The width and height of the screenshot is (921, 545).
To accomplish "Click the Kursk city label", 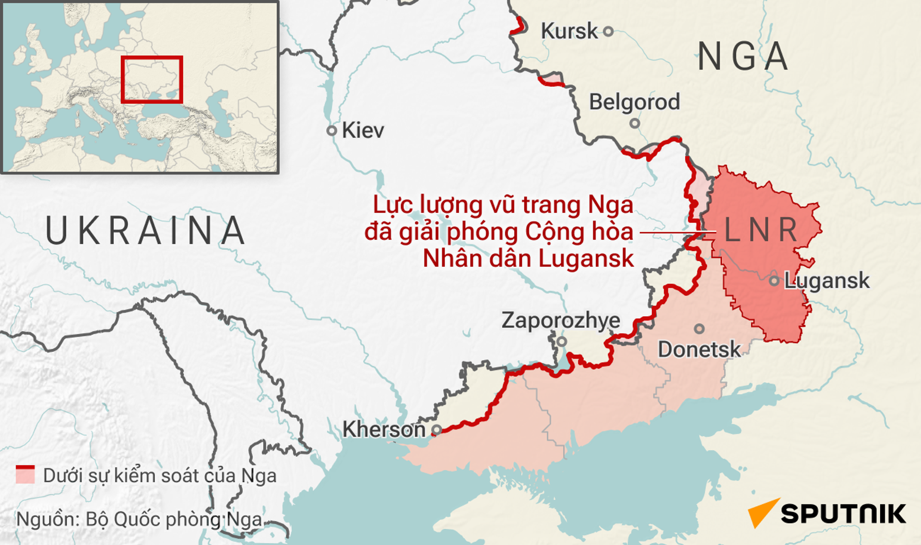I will click(x=569, y=31).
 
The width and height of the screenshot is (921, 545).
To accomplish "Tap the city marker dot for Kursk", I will click(x=608, y=31).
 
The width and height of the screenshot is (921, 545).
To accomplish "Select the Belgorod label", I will click(x=634, y=102).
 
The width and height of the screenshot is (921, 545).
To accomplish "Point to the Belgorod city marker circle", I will click(x=635, y=123).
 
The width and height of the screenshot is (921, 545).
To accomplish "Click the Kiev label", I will click(x=363, y=130).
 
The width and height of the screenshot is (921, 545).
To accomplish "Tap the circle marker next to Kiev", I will click(x=331, y=130).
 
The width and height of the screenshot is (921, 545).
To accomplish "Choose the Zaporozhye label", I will click(x=561, y=320).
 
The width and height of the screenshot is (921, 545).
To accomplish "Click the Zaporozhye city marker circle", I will click(x=562, y=342).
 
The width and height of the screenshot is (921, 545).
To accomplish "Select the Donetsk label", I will click(x=699, y=350).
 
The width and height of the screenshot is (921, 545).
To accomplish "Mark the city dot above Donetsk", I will click(x=699, y=329).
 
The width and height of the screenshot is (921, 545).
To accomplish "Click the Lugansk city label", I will click(x=827, y=281).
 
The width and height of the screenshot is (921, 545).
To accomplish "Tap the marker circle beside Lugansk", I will click(x=774, y=281).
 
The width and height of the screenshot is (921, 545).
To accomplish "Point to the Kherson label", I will click(x=384, y=429).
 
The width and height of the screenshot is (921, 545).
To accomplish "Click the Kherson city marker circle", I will click(x=437, y=429).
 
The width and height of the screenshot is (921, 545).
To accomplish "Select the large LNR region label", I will click(x=760, y=230).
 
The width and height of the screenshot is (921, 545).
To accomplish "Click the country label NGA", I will click(x=742, y=57).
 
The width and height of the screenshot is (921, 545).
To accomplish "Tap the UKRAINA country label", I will click(x=145, y=231).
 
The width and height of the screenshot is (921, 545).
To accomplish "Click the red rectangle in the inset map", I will click(x=152, y=80).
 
